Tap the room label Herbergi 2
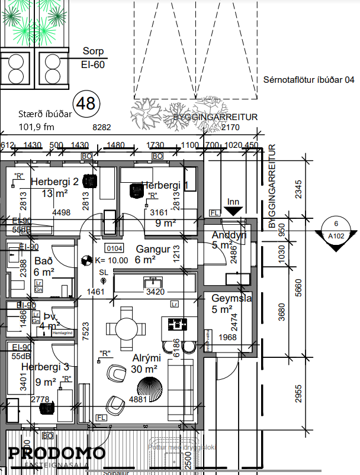pyautogui.click(x=54, y=182)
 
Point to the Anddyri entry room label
pyautogui.click(x=229, y=235)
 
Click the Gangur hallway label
pyautogui.click(x=153, y=249)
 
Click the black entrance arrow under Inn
pyautogui.click(x=233, y=209)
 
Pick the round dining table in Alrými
pyautogui.click(x=127, y=327)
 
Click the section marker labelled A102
pyautogui.click(x=336, y=229)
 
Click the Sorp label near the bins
pyautogui.click(x=93, y=51)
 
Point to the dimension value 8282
pyautogui.click(x=102, y=127)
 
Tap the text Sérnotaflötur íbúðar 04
pyautogui.click(x=308, y=80)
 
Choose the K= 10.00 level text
pyautogui.click(x=111, y=260)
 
